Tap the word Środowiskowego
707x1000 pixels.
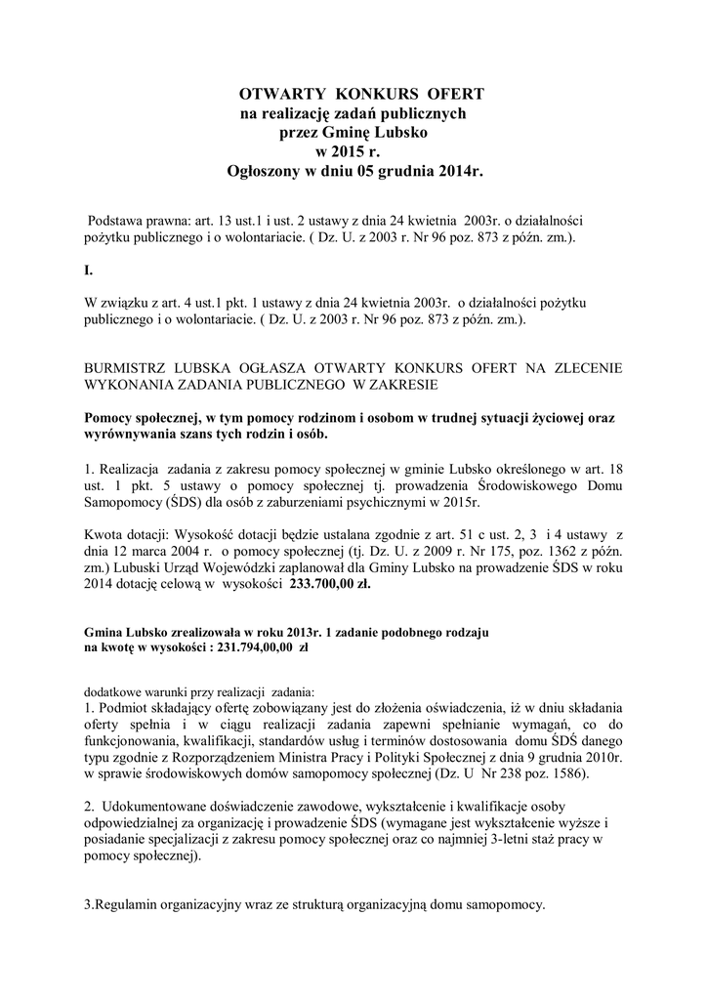[x=482, y=485]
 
